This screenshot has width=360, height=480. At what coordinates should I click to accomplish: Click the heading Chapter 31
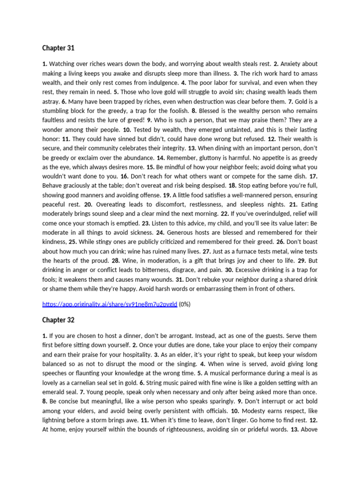58,48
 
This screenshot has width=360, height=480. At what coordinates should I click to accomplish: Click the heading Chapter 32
58,320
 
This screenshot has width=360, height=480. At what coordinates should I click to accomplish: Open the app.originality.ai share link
109,304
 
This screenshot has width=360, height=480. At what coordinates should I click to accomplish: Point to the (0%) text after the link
185,304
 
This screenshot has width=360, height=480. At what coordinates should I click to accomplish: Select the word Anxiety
292,64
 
